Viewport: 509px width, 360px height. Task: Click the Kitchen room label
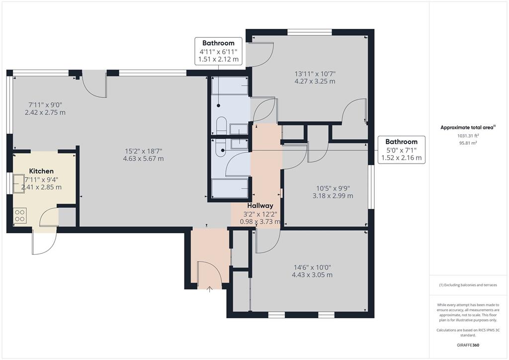pos(41,171)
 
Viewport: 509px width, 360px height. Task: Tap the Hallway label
pos(260,205)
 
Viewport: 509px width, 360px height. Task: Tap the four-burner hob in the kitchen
pos(20,215)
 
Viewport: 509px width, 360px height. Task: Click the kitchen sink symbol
pos(19,184)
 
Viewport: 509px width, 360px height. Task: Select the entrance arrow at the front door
pos(209,289)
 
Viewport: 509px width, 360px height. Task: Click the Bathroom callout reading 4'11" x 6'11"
pos(219,51)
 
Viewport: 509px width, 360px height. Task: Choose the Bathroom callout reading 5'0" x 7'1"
pos(402,150)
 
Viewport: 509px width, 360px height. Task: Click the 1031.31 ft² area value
pos(468,136)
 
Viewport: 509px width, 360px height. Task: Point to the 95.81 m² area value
pos(468,143)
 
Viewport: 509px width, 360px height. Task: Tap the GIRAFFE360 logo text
pos(468,345)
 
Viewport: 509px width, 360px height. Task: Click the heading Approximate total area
pos(468,128)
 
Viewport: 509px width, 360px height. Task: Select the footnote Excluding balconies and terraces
pos(468,285)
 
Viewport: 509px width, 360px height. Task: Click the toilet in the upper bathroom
pos(221,125)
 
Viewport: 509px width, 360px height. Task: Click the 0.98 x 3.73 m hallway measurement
pos(260,222)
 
